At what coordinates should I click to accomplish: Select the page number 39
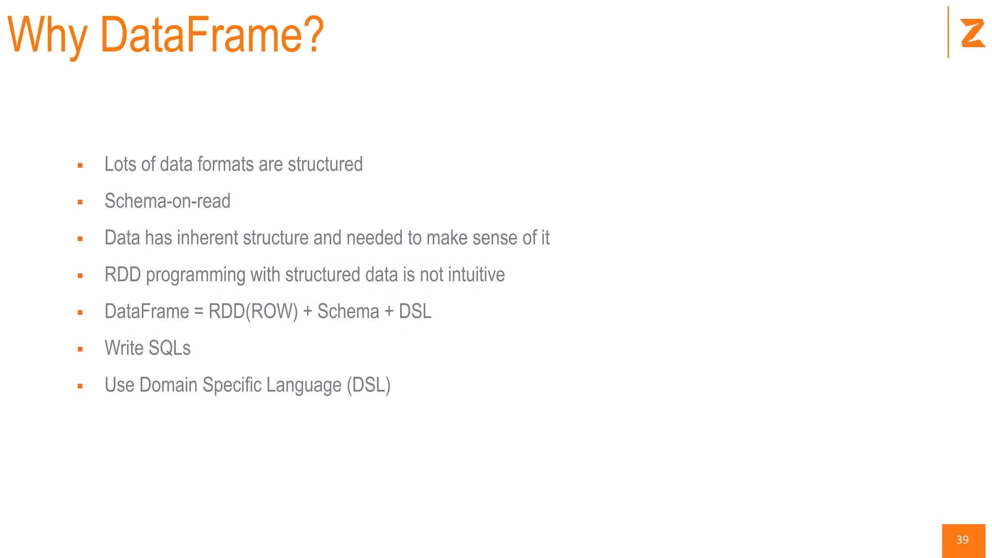pyautogui.click(x=962, y=540)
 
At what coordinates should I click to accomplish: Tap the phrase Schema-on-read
pyautogui.click(x=168, y=201)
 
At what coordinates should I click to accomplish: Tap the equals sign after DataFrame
pyautogui.click(x=199, y=311)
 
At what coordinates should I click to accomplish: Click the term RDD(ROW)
pyautogui.click(x=253, y=311)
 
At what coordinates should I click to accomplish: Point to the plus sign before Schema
pyautogui.click(x=307, y=311)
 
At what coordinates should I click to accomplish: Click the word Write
pyautogui.click(x=124, y=348)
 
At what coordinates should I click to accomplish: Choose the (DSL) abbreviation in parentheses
pyautogui.click(x=368, y=386)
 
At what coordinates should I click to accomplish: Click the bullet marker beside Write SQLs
pyautogui.click(x=80, y=349)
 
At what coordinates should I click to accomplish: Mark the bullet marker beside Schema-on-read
pyautogui.click(x=80, y=202)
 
